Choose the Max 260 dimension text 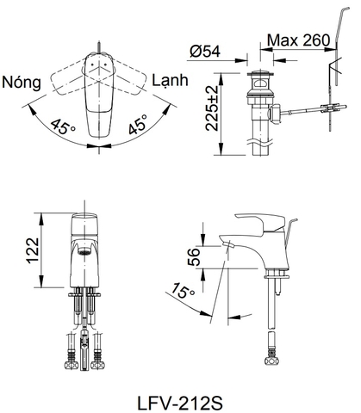(298, 40)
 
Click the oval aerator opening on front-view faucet (84, 251)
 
